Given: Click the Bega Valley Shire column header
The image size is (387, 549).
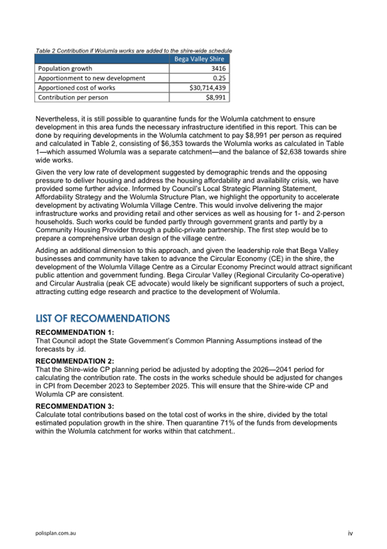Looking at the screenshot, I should coord(199,59).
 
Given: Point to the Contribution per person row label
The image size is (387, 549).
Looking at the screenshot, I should coord(73,98).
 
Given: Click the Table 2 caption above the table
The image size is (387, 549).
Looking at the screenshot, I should coord(133,50).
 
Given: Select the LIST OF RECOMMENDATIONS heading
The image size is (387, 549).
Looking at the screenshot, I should coord(103,318).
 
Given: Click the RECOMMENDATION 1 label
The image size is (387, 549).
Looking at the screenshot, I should coord(75,332).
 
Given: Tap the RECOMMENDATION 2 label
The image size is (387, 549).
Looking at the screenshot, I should coord(75,361).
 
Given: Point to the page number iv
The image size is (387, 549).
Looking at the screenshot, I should coord(350,533).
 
